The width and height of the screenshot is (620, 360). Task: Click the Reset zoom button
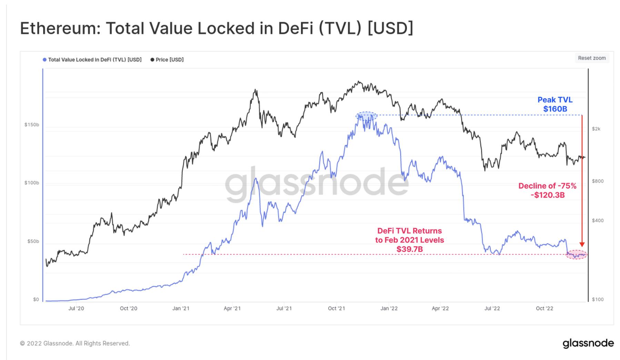coord(592,58)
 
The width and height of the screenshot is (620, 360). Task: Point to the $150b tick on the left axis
coord(32,124)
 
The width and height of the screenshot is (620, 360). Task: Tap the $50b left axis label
coord(33,241)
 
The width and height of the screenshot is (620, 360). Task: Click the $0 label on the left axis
coord(36,299)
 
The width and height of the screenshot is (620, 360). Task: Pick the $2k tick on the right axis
coord(596,129)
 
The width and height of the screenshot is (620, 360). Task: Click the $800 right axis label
coord(598,181)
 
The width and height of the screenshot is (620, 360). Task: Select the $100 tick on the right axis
coord(598,299)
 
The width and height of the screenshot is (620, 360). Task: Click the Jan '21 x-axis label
coord(181,308)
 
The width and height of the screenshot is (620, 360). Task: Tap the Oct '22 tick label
coord(544,308)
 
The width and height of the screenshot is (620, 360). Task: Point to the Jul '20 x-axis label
coord(76,308)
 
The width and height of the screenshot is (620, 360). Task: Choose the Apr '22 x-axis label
coord(440,308)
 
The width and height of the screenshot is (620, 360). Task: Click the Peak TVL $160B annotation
coord(555,104)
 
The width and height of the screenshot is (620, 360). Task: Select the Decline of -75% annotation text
coord(547,186)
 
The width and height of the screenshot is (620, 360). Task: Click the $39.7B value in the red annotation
coord(409,249)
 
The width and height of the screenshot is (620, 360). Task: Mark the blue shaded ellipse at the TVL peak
coord(366,116)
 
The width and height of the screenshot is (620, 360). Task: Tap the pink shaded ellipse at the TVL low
coord(576,255)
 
